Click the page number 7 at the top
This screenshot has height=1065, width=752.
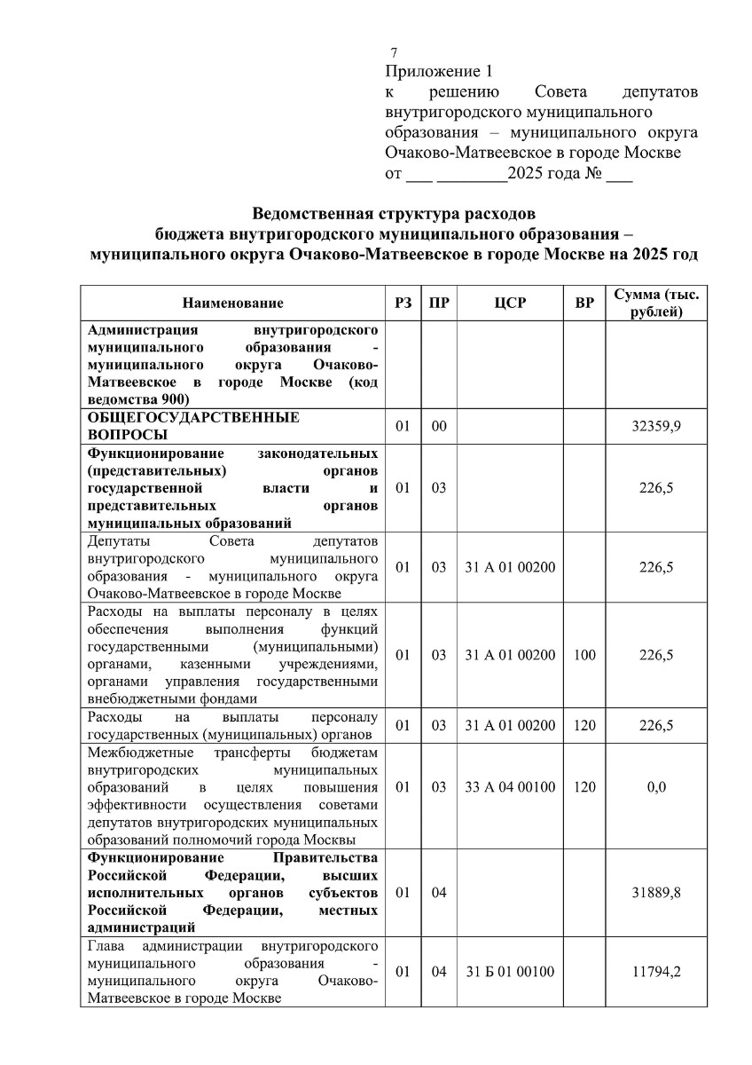394,52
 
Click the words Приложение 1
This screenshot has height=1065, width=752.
438,71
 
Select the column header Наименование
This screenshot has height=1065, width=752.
233,304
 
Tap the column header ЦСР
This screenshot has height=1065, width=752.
510,304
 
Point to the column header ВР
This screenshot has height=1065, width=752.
584,304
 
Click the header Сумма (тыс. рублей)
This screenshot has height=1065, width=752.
655,303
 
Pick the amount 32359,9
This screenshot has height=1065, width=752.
655,427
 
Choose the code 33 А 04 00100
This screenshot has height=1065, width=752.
510,786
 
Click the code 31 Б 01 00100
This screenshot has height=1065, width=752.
510,971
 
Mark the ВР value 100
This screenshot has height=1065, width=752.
584,655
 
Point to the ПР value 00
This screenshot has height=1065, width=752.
438,427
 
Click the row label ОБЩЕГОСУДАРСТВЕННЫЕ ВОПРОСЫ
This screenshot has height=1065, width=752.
193,426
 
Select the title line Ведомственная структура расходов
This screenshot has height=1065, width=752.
394,214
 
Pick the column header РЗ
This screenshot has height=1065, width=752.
403,304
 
